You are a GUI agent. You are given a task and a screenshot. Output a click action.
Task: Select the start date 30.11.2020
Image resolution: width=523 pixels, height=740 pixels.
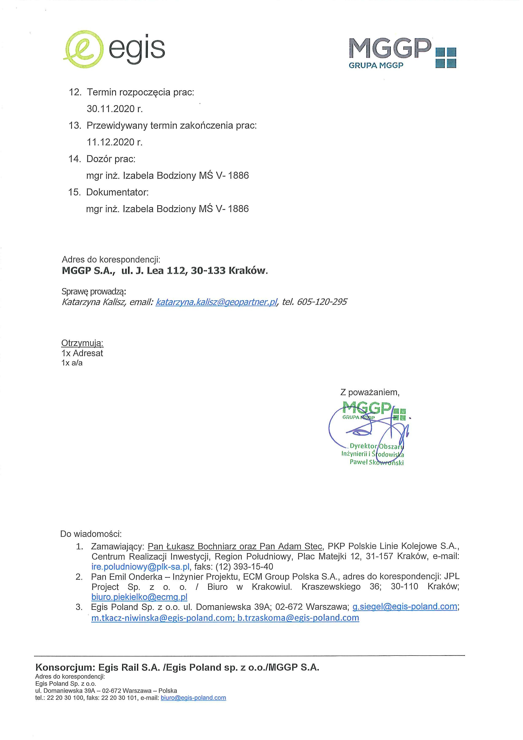click(114, 109)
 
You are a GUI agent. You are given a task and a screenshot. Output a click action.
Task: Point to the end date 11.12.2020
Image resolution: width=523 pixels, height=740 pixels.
click(114, 142)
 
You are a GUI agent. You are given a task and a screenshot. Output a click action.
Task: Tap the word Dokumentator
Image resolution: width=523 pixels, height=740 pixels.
click(117, 192)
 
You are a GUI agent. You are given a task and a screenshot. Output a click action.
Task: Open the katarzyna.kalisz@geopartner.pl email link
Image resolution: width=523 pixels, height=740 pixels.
click(216, 302)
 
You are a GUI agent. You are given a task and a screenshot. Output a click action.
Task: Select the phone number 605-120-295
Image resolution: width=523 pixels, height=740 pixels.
click(322, 302)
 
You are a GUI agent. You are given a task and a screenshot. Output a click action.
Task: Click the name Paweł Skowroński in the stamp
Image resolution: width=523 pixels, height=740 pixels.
click(376, 463)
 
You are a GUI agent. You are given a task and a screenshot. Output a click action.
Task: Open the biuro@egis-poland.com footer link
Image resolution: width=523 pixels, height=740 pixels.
click(193, 698)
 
